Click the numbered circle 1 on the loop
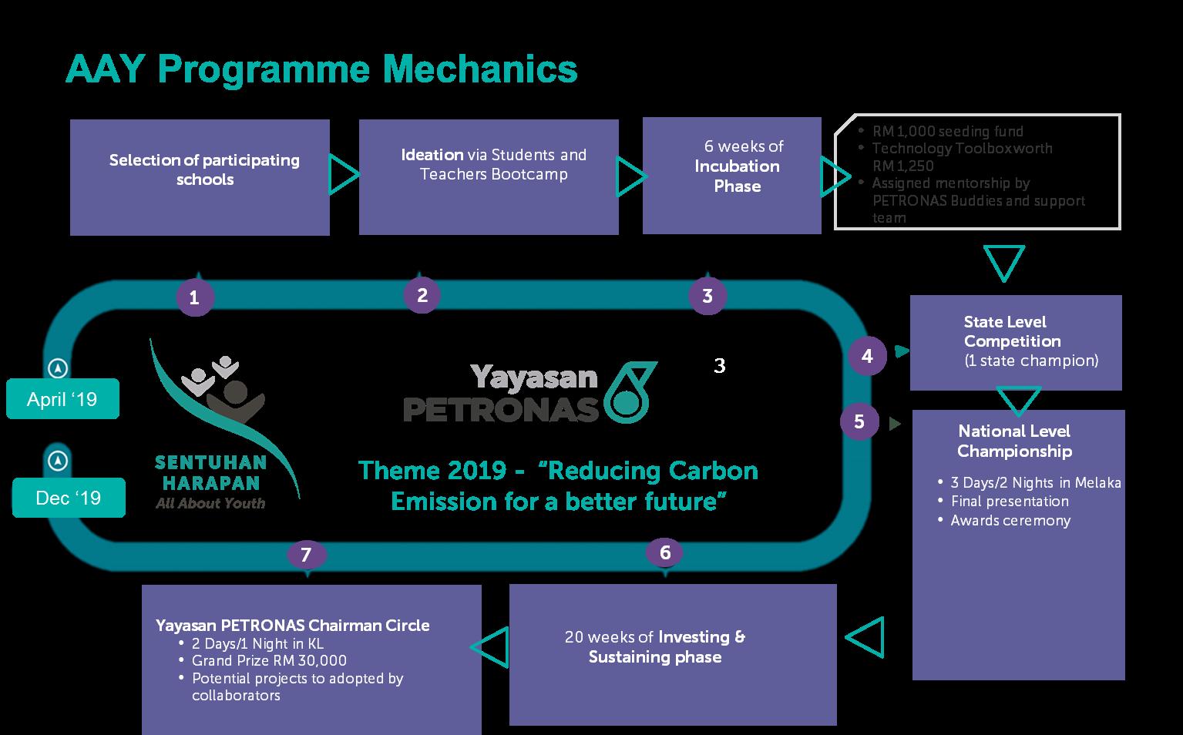point(194,297)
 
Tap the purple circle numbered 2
point(422,294)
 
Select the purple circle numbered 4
point(868,356)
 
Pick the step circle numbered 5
point(859,421)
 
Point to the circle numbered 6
point(665,552)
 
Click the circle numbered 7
point(306,554)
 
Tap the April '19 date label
point(62,399)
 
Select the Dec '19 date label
point(69,498)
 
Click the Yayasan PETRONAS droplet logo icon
point(630,392)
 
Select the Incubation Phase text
point(737,176)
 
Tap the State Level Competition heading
point(1012,331)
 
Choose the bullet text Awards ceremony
point(1010,521)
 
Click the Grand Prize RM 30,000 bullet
point(269,661)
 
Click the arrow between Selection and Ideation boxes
point(344,174)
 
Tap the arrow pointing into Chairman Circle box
point(490,646)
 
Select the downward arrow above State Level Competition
point(1004,262)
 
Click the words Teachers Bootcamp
point(493,174)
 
